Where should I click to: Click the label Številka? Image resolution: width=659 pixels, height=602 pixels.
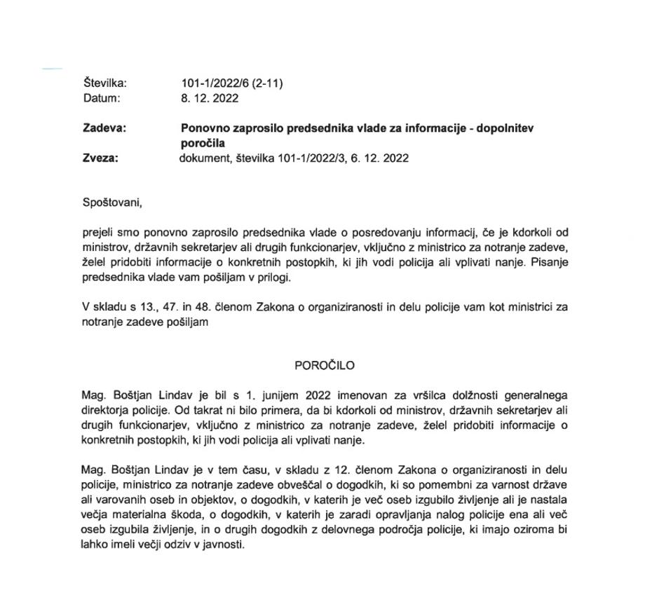coord(104,83)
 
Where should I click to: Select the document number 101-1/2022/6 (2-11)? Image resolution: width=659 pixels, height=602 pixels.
coord(231,83)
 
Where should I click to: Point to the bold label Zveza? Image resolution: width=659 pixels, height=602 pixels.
coord(100,158)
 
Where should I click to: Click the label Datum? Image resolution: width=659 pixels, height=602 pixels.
coord(101,98)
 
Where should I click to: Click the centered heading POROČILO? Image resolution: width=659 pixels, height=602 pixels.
coord(325,365)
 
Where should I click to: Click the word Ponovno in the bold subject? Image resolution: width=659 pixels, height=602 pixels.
coord(203,128)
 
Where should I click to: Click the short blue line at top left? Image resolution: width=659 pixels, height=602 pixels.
coord(53,69)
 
